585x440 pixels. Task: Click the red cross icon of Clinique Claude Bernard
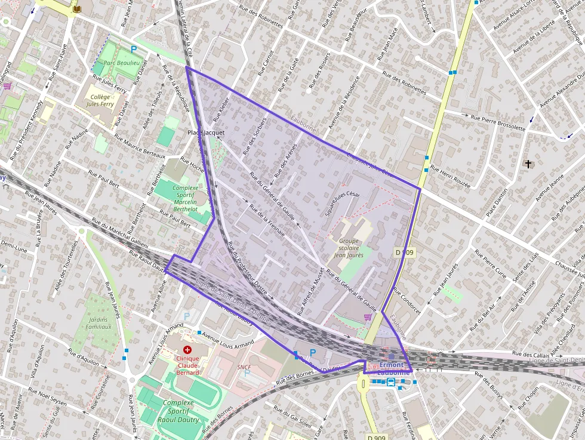(x=187, y=349)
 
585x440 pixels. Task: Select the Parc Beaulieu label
(x=121, y=63)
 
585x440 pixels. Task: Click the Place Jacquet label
(x=206, y=132)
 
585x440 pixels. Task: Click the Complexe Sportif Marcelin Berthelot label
(x=184, y=198)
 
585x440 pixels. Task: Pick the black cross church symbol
(x=527, y=164)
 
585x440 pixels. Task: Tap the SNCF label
(x=244, y=367)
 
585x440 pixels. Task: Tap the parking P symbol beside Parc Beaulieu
(x=134, y=50)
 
